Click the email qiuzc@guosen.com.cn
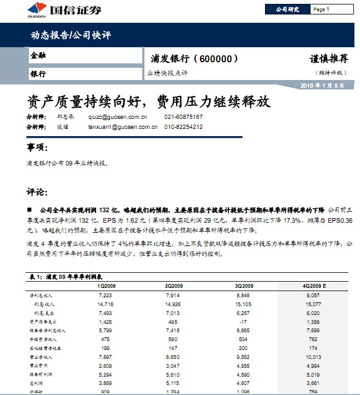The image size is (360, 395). coord(118,117)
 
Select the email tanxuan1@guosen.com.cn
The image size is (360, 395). coord(123,127)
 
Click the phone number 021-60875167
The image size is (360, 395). coord(183,117)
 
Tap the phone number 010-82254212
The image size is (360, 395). coord(183,127)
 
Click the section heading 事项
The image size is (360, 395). coord(38,147)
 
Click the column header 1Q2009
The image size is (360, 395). coord(107,286)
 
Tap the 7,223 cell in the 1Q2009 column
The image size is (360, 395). coord(106,296)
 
